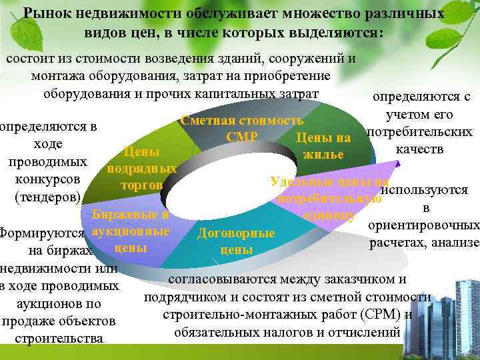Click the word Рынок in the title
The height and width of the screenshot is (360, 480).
coord(45,13)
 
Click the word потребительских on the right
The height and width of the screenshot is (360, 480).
coord(423,131)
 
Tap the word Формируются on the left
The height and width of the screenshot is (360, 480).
coord(42,234)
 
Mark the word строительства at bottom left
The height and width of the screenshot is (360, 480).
coord(59,339)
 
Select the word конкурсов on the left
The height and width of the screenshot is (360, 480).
coord(47,179)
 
